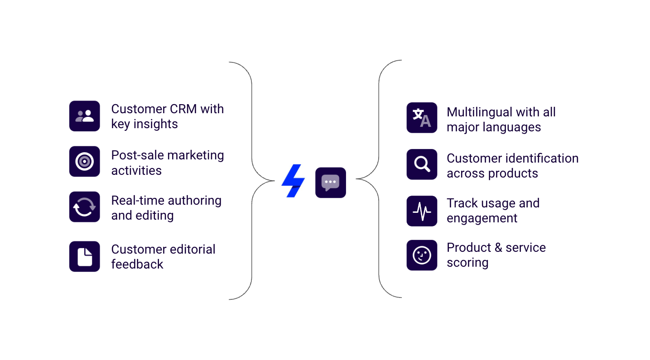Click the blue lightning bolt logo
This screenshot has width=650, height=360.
point(293,181)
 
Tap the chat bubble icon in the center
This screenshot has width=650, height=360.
point(331,182)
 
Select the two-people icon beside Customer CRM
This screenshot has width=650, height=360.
point(84,116)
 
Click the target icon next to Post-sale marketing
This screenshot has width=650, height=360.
point(84,161)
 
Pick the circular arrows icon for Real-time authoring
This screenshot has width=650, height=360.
point(84,207)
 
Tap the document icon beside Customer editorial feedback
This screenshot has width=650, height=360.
point(84,256)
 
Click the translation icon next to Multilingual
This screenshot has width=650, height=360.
point(422,117)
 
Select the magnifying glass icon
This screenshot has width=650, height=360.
point(422,164)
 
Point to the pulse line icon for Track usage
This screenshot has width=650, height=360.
point(422,211)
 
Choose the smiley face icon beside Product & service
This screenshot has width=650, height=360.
point(422,255)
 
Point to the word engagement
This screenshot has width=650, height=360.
point(482,218)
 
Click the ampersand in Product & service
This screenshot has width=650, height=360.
point(498,247)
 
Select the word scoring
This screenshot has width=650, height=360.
point(467,263)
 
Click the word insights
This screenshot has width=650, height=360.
point(155,124)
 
